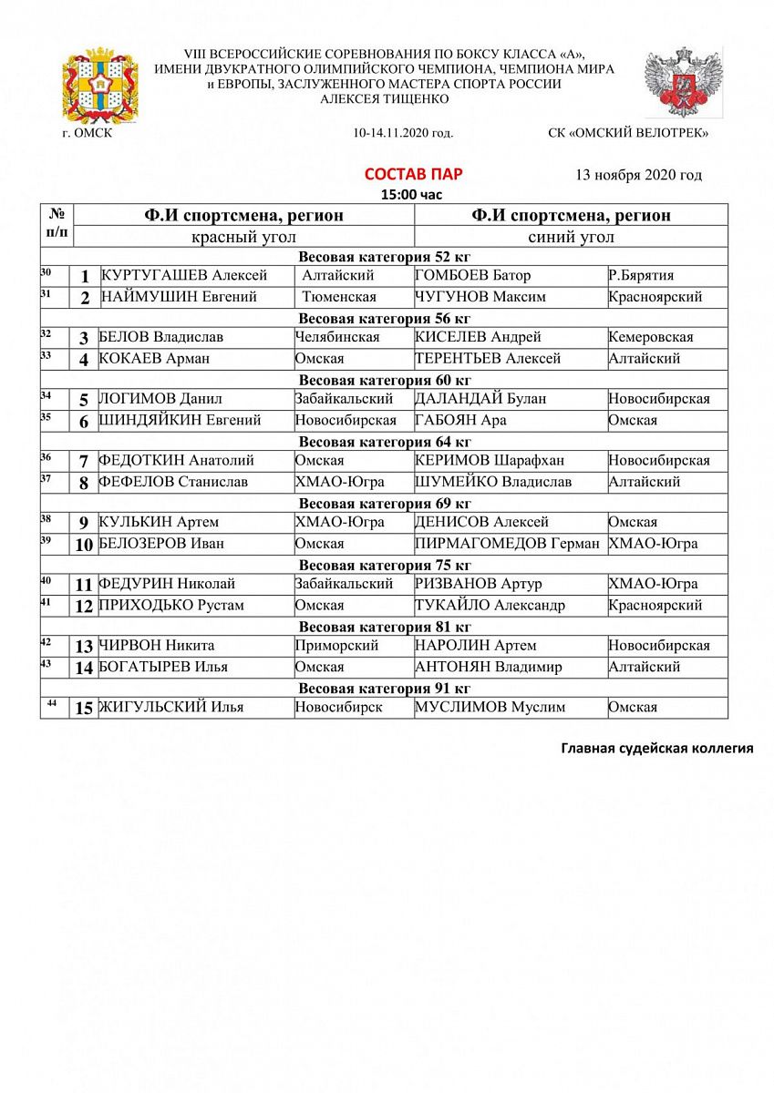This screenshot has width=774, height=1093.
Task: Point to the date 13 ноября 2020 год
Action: click(638, 175)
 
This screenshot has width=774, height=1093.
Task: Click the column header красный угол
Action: click(243, 237)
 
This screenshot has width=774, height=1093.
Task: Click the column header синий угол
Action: click(571, 237)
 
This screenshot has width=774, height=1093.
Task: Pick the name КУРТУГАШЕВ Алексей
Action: click(184, 275)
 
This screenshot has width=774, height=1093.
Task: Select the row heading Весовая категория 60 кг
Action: click(385, 380)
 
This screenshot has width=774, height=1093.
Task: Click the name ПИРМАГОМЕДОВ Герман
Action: click(508, 544)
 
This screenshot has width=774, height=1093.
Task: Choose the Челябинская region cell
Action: click(337, 337)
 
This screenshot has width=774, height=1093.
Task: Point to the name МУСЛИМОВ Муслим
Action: click(490, 707)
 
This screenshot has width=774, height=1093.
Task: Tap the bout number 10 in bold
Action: click(84, 546)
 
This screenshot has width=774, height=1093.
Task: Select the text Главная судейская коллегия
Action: click(656, 749)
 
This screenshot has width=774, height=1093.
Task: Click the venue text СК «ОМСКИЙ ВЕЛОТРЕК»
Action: click(628, 133)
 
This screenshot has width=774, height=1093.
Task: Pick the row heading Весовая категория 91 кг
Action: click(385, 688)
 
